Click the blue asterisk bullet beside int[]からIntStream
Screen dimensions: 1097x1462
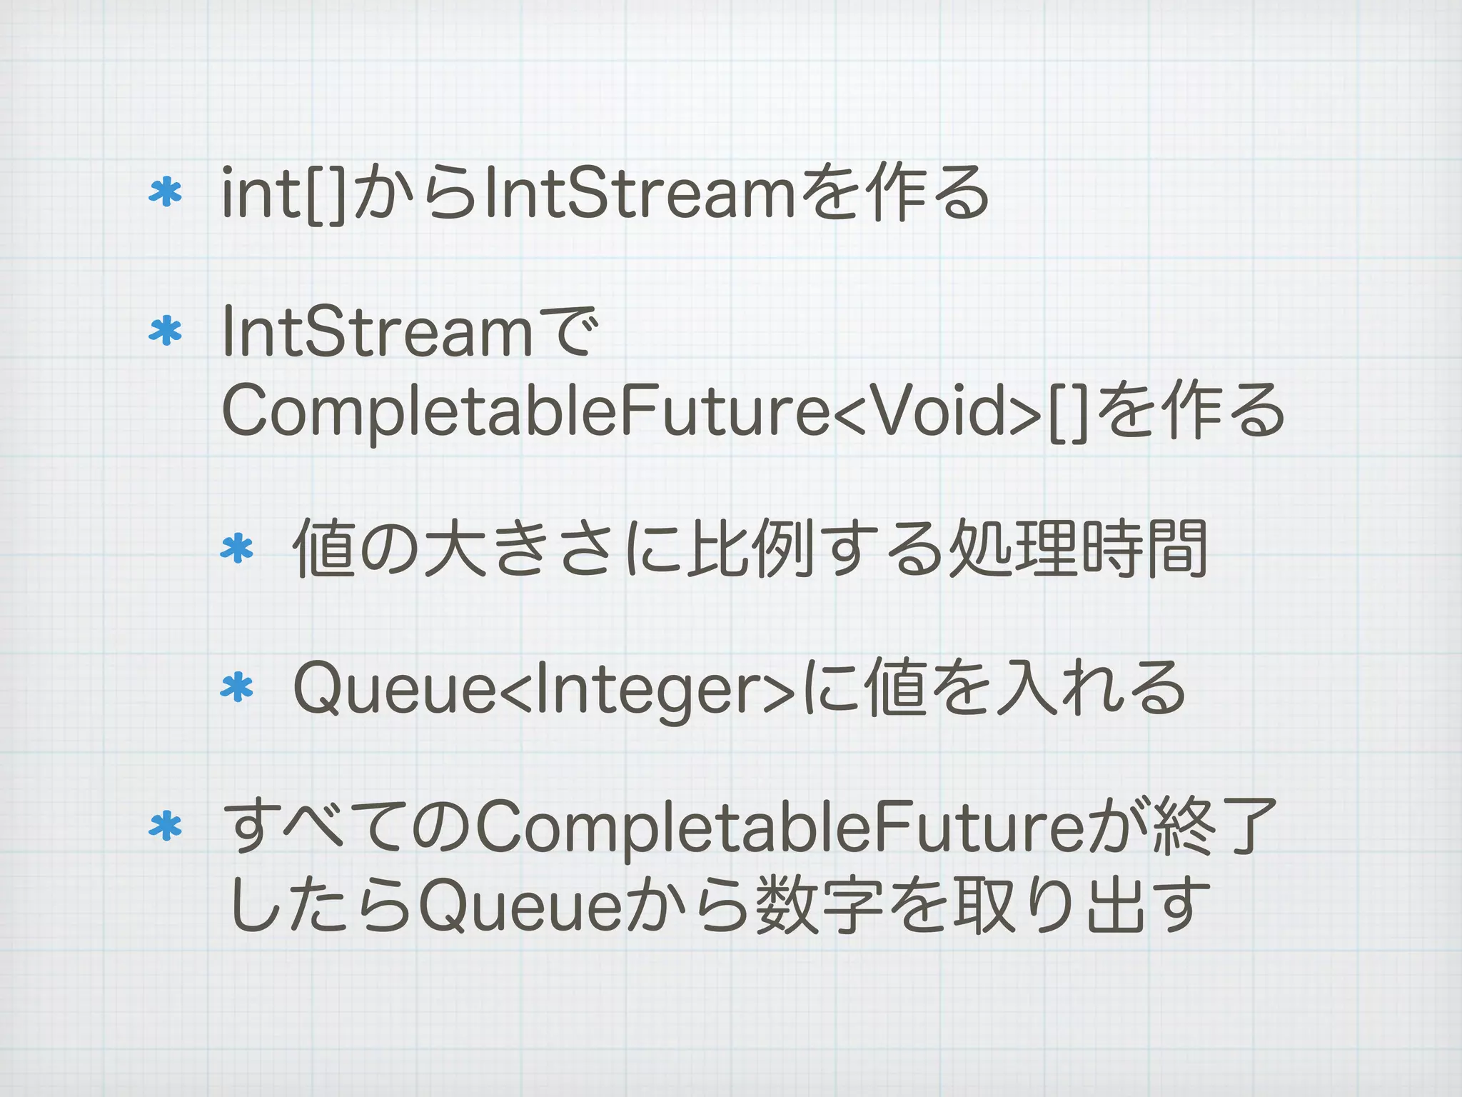tap(166, 194)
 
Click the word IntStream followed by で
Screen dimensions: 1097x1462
tap(378, 331)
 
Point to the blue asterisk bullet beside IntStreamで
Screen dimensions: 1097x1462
tap(166, 331)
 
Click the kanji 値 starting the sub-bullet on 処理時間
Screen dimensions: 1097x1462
tap(325, 548)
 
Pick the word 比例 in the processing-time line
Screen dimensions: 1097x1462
tap(750, 548)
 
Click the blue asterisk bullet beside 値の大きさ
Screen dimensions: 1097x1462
tap(237, 549)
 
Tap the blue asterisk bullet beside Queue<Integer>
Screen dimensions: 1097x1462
tap(237, 688)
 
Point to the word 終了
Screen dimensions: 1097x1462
tap(1214, 827)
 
